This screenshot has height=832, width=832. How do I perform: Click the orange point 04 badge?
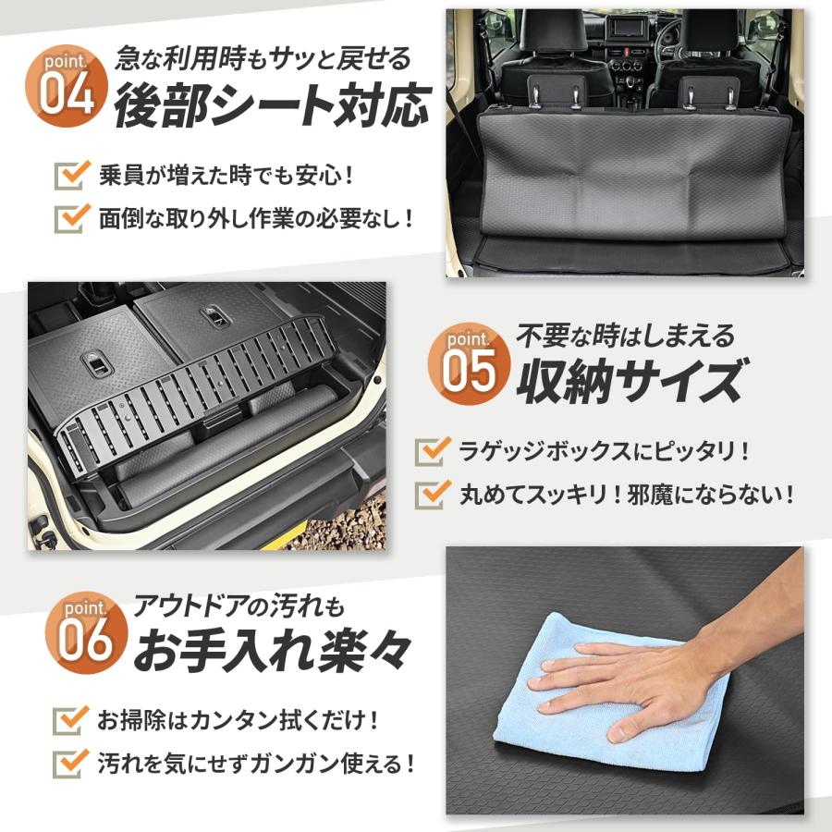click(67, 89)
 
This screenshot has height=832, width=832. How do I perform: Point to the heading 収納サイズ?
click(630, 380)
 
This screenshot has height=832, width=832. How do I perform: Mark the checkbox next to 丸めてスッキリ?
click(432, 494)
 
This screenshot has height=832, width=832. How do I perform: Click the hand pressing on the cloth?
click(638, 679)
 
